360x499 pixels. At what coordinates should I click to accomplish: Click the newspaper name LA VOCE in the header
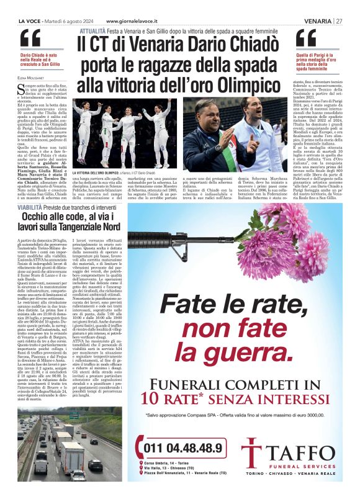tap(30, 20)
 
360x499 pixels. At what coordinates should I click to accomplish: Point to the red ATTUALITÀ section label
tap(91, 30)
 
